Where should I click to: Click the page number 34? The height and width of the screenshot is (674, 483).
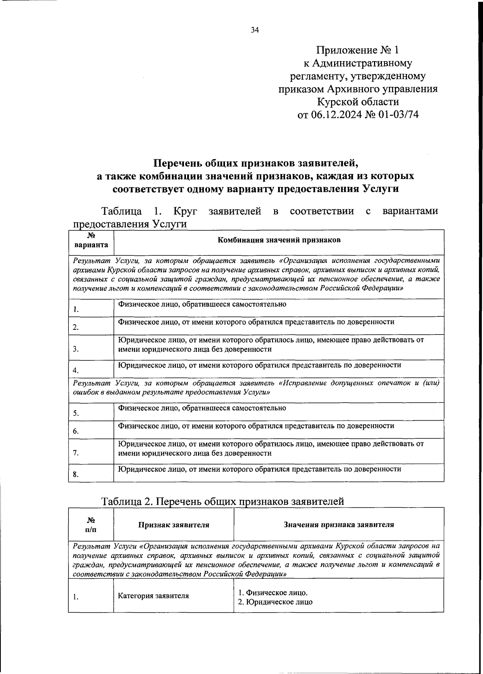254,30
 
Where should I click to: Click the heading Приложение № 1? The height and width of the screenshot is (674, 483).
358,50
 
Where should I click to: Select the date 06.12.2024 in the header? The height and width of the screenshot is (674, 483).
336,115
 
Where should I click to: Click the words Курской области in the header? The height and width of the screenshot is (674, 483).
358,102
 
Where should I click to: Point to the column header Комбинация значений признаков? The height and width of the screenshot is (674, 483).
279,240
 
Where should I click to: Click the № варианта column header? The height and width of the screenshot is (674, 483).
91,240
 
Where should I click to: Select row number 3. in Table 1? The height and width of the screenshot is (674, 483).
76,349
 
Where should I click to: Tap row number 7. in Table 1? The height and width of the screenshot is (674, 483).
76,453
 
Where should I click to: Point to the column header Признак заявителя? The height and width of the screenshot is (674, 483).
173,525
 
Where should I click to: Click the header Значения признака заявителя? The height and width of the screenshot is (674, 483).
339,524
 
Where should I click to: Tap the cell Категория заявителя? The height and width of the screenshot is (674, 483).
153,596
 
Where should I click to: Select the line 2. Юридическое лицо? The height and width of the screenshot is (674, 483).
275,602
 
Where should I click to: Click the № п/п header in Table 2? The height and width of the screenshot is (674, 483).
91,525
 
